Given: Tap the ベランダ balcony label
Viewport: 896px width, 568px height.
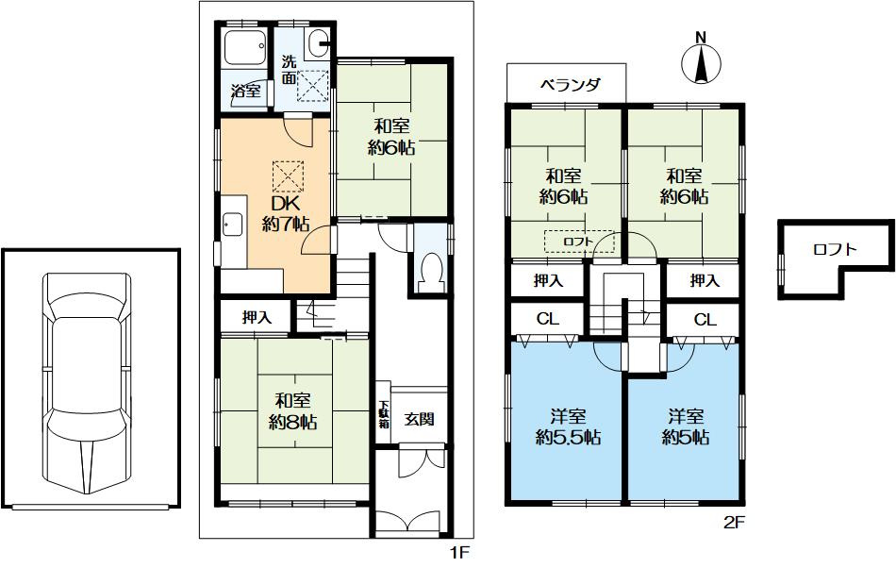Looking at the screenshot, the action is [570, 85].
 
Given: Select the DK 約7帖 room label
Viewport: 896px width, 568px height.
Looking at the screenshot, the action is [285, 214].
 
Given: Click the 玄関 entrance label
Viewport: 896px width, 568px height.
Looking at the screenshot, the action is [419, 419].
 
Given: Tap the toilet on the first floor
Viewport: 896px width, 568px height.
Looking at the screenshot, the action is [430, 270].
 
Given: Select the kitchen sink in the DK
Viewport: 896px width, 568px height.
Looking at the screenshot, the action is [232, 225].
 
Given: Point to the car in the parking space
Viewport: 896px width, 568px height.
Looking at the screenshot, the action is [88, 382].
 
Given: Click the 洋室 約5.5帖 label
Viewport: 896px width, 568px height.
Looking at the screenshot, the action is [568, 426].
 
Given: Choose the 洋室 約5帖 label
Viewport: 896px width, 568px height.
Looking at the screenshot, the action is [686, 426].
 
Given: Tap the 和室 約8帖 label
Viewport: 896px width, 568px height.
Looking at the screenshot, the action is [293, 410].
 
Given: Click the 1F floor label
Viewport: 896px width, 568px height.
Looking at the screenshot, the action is [459, 553].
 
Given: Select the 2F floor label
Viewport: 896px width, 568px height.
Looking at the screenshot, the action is [735, 523].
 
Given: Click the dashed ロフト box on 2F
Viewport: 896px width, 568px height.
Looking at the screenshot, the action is [579, 242].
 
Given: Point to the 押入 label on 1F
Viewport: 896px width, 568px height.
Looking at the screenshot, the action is [257, 317].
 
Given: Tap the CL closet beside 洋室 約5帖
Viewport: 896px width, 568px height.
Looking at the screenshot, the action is [705, 320].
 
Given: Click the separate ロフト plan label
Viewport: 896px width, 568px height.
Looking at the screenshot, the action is [835, 249].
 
